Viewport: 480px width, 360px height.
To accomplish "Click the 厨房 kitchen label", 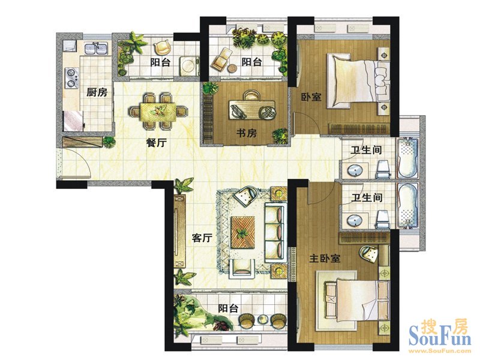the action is pyautogui.click(x=97, y=92).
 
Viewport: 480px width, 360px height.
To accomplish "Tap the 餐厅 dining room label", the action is pyautogui.click(x=157, y=142).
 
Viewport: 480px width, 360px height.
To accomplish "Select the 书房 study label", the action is pyautogui.click(x=247, y=133).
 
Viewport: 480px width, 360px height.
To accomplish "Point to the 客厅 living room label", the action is pyautogui.click(x=202, y=238).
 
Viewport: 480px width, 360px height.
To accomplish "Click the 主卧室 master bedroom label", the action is pyautogui.click(x=325, y=259).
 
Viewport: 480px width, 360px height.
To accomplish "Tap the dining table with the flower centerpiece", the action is pyautogui.click(x=158, y=112).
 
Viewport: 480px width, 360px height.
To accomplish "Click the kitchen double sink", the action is pyautogui.click(x=96, y=49).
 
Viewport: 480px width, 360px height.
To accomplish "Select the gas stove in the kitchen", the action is pyautogui.click(x=71, y=78).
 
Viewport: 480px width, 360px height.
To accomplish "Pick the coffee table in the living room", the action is pyautogui.click(x=243, y=232).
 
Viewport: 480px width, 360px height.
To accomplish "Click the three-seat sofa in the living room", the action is pyautogui.click(x=275, y=232).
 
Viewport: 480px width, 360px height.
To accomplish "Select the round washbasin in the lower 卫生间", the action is pyautogui.click(x=355, y=220).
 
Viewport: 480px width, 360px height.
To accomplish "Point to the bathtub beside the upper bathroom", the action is pyautogui.click(x=407, y=158).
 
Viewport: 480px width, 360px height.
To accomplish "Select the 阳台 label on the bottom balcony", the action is pyautogui.click(x=228, y=308).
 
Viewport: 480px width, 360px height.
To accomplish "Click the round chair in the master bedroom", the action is pyautogui.click(x=369, y=254).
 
